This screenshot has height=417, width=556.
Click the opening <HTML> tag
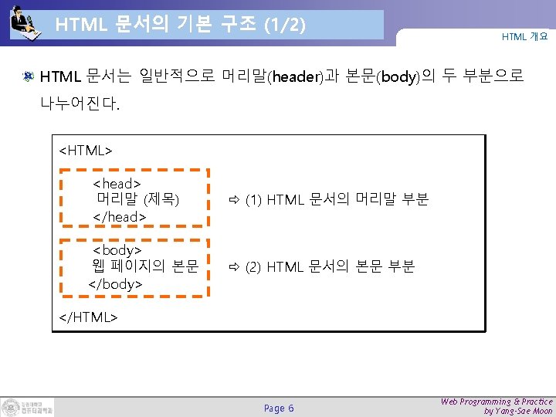(86, 150)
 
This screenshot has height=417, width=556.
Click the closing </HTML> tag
(88, 317)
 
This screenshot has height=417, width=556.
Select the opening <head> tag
(117, 184)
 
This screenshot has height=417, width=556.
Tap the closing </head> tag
(119, 217)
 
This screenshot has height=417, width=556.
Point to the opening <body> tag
(117, 250)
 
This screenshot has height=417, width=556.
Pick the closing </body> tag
(116, 283)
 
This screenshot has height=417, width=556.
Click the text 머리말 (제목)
(137, 200)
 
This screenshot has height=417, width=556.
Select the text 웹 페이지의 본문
(145, 266)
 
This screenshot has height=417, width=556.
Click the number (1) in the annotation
(253, 201)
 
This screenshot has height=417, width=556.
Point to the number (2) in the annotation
(253, 267)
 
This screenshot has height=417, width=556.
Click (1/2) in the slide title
(284, 25)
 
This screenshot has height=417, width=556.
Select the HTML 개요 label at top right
(524, 36)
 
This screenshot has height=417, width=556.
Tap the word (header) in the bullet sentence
(294, 77)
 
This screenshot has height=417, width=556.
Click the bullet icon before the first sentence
(28, 76)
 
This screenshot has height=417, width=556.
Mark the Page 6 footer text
(279, 408)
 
